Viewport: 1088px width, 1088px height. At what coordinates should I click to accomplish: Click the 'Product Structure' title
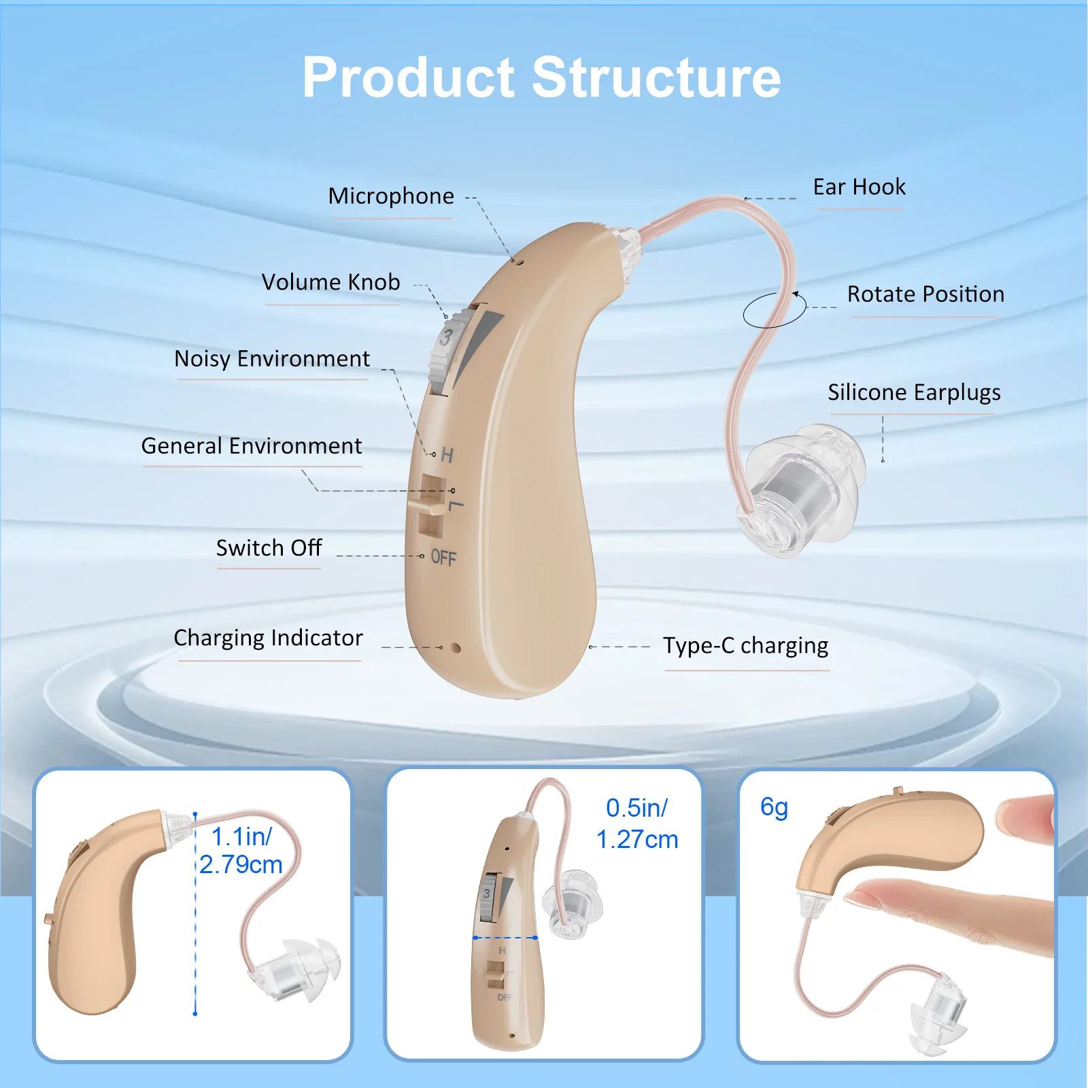tap(541, 78)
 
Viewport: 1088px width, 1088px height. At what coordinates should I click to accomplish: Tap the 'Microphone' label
tap(391, 197)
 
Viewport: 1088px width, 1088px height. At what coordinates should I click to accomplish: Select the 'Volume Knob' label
tap(331, 282)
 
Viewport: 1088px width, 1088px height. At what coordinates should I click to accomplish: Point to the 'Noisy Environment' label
tap(272, 359)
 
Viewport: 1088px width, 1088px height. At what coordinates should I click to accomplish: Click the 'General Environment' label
tap(252, 446)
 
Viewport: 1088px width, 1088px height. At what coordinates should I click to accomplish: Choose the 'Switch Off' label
tap(269, 548)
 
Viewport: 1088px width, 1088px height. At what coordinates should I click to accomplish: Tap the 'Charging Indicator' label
tap(269, 639)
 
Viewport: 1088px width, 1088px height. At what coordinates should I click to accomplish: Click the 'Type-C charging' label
tap(746, 645)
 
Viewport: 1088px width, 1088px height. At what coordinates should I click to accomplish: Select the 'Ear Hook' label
tap(860, 187)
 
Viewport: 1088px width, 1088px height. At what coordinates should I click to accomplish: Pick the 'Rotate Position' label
tap(925, 294)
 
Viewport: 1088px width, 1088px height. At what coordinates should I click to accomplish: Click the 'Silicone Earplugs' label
tap(914, 393)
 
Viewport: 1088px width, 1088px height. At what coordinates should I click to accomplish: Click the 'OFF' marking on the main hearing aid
tap(443, 558)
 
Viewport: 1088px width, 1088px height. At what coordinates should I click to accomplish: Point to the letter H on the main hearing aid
tap(447, 455)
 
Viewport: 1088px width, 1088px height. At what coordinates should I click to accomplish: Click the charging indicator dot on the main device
tap(456, 648)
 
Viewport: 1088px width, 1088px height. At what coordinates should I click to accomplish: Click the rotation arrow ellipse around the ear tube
tap(774, 310)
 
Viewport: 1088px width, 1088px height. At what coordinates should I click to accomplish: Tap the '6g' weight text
tap(774, 807)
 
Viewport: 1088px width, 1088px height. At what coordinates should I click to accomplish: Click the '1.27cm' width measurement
tap(637, 840)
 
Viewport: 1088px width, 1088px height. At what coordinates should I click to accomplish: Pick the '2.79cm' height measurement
tap(241, 865)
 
